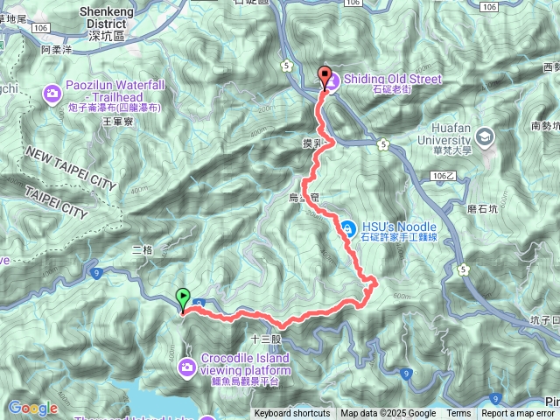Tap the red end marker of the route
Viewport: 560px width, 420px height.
325,76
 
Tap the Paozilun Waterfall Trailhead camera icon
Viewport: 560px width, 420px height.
52,91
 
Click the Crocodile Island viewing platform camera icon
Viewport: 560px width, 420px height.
186,366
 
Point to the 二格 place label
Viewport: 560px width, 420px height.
142,249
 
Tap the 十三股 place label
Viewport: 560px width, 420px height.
264,338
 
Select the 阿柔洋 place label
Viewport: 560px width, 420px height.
58,50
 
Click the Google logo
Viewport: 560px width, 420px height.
33,408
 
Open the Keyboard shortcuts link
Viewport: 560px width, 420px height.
291,414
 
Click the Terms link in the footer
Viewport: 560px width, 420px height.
458,414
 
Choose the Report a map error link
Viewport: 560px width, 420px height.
519,414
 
